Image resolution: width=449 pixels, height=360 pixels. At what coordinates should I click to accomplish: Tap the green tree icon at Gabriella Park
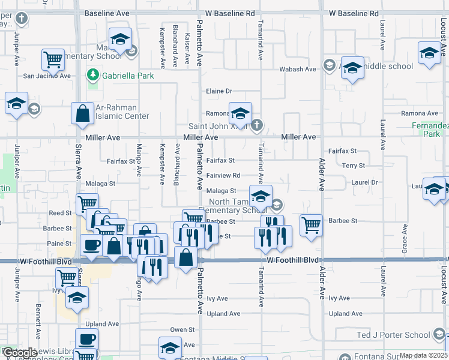(x=92, y=76)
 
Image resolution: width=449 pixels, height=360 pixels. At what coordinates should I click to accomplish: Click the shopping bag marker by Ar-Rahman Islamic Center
(x=82, y=113)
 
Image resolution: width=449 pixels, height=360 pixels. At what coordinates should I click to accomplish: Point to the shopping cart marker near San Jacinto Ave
(x=53, y=59)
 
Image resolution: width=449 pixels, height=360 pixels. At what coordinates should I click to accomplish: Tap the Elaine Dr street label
(x=218, y=91)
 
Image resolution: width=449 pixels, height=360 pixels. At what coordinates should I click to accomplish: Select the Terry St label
(x=353, y=166)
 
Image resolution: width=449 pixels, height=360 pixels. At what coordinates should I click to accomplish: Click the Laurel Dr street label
(x=364, y=182)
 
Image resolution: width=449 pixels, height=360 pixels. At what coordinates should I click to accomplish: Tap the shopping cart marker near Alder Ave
(x=311, y=226)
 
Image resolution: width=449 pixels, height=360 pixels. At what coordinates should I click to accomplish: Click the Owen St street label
(x=182, y=329)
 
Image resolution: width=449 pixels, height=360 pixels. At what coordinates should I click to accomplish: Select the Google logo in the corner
(x=20, y=353)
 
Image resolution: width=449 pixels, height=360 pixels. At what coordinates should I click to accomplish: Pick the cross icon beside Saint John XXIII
(x=256, y=125)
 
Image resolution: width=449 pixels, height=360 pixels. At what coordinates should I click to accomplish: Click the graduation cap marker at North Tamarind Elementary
(x=261, y=196)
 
